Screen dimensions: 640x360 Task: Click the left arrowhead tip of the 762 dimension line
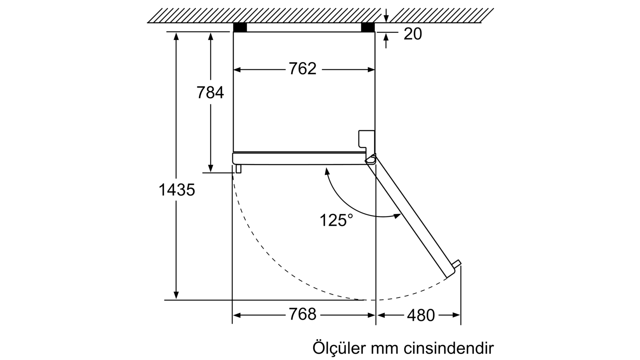(x=234, y=70)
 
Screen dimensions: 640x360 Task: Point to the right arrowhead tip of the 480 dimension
(x=460, y=315)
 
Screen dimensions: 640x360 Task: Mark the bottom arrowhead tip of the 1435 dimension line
(x=176, y=300)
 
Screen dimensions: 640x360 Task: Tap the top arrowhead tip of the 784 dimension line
(x=211, y=32)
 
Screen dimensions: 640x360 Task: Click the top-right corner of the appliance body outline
(x=374, y=32)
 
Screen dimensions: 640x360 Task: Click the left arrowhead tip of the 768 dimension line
(x=233, y=315)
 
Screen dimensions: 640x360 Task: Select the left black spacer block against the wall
(x=240, y=27)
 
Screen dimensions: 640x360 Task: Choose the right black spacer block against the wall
(x=368, y=27)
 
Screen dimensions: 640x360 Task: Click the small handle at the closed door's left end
(x=238, y=168)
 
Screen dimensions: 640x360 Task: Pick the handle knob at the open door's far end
(x=456, y=264)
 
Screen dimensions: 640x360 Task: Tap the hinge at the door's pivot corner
(x=370, y=158)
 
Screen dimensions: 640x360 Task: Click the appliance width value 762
(x=302, y=69)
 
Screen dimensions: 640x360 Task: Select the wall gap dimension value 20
(x=412, y=34)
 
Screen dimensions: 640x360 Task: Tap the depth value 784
(x=210, y=92)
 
